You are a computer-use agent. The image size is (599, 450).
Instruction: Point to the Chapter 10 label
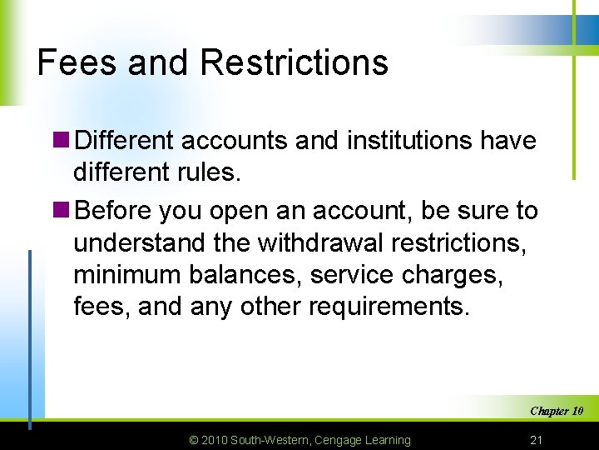tap(556, 411)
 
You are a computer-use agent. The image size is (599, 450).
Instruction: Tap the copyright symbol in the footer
tap(194, 440)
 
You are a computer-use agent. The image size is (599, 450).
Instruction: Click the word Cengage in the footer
tap(343, 440)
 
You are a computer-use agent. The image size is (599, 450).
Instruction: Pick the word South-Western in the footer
tap(271, 440)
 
